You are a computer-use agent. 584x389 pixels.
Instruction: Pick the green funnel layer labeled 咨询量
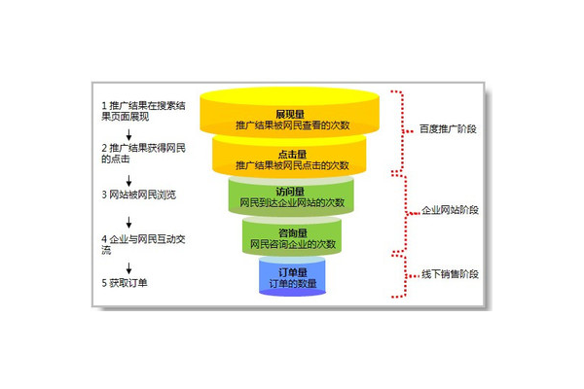(292, 237)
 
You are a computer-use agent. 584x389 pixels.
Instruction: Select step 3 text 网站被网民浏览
(142, 194)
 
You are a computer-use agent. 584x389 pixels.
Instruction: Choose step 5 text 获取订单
(130, 283)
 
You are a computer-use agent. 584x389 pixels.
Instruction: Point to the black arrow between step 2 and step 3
(129, 174)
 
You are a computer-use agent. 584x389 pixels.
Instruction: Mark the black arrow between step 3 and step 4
(129, 216)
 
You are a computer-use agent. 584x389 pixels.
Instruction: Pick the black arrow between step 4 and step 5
(129, 264)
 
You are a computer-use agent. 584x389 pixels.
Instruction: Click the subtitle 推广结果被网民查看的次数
(292, 125)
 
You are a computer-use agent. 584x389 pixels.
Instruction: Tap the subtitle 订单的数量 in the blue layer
(292, 284)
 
